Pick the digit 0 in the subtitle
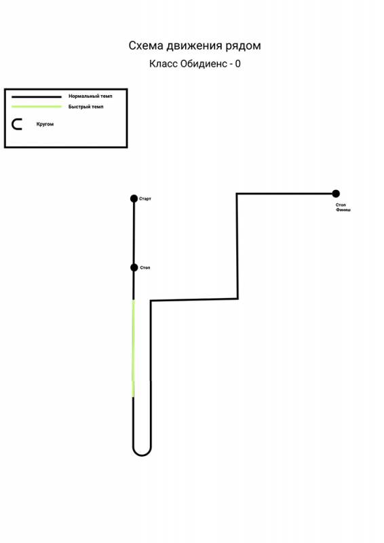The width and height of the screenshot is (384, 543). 237,64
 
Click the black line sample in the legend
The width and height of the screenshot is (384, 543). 37,96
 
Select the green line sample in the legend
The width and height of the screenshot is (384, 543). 37,107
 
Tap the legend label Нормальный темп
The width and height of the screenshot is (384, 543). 90,96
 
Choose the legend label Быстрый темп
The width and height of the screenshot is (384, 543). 86,107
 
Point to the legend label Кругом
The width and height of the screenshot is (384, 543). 45,124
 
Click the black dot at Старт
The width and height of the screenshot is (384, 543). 134,198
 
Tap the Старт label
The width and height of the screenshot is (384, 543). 145,199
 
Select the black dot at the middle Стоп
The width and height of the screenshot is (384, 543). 134,267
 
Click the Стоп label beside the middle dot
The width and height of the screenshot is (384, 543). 145,267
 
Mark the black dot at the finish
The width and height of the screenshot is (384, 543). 336,193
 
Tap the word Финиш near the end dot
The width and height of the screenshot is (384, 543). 343,210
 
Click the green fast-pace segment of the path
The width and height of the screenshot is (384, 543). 133,348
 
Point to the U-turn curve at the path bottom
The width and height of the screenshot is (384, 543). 142,455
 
